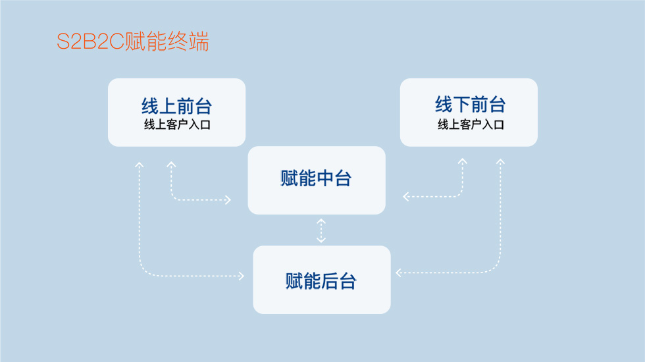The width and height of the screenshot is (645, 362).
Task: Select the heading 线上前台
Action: click(x=176, y=105)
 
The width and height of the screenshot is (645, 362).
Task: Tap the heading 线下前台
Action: click(x=470, y=104)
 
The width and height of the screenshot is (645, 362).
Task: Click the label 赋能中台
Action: click(x=316, y=178)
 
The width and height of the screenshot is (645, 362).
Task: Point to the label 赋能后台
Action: click(x=321, y=281)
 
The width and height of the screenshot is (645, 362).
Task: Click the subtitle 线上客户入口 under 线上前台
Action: click(x=176, y=124)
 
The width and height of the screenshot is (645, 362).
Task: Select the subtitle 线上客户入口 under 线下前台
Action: click(x=470, y=124)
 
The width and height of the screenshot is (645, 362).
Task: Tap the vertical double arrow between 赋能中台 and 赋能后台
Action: click(x=321, y=230)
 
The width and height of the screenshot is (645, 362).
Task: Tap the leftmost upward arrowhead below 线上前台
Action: click(x=139, y=164)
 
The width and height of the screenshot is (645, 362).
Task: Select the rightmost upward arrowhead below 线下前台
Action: click(x=500, y=161)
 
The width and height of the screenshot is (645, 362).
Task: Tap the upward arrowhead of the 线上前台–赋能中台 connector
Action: click(x=171, y=165)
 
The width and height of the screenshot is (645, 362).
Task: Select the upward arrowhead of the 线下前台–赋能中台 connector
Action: click(x=463, y=161)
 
